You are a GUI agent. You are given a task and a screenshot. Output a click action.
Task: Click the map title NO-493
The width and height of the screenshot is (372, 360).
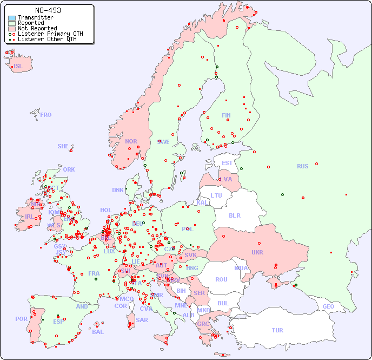(x=48, y=10)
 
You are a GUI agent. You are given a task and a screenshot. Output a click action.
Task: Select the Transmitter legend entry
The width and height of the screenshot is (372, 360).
(x=35, y=17)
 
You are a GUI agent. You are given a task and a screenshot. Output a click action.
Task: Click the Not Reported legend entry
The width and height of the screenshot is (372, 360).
(x=37, y=28)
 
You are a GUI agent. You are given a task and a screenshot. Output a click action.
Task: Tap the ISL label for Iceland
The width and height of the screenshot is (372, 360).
(x=18, y=67)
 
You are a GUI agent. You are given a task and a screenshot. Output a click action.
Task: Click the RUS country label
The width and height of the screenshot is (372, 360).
(x=302, y=166)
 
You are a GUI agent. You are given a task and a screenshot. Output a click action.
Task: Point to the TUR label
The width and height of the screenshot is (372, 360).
(x=277, y=330)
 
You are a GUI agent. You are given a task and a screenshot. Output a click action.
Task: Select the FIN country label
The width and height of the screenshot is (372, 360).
(x=226, y=115)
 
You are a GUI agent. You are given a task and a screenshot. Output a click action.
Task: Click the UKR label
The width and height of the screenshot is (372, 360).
(x=257, y=252)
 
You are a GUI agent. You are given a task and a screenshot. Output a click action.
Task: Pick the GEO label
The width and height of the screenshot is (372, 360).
(x=328, y=306)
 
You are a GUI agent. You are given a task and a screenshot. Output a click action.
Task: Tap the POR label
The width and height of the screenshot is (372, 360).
(x=21, y=319)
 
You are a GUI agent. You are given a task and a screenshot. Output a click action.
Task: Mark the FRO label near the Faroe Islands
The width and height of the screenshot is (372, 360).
(x=46, y=115)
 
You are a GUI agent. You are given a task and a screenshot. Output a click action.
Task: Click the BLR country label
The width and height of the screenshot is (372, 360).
(x=235, y=215)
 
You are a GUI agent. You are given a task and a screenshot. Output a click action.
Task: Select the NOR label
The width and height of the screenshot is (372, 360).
(x=131, y=141)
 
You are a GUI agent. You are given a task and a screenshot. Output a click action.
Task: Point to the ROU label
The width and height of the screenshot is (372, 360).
(x=221, y=279)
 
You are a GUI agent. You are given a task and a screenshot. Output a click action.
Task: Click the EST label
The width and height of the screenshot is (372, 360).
(x=227, y=163)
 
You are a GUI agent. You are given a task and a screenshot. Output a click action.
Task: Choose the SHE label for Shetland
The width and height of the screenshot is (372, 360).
(x=63, y=146)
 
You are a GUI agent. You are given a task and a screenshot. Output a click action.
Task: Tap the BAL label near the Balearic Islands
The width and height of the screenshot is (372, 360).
(x=97, y=332)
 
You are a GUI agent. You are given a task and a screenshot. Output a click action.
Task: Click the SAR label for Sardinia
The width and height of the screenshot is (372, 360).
(x=142, y=320)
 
